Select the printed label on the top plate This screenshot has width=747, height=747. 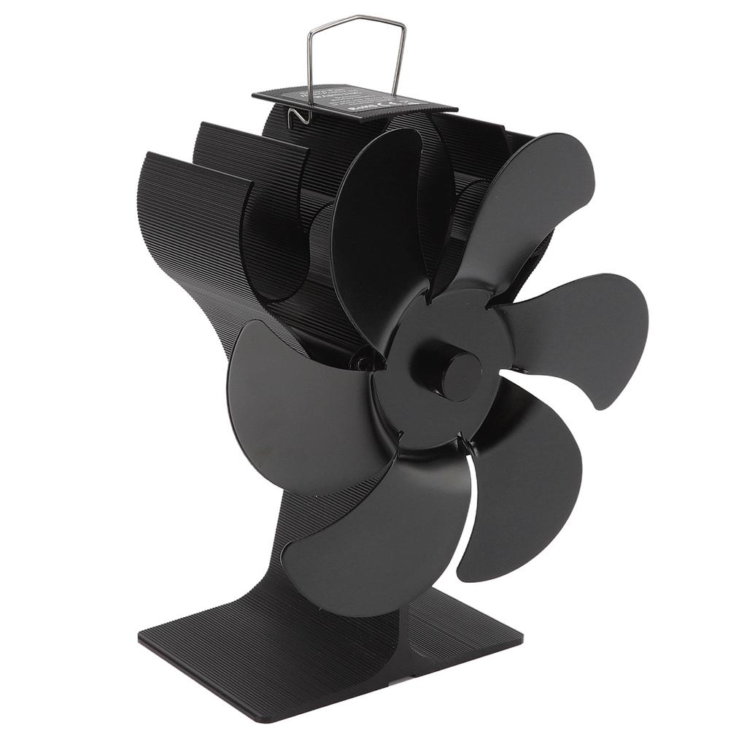click(350, 98)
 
